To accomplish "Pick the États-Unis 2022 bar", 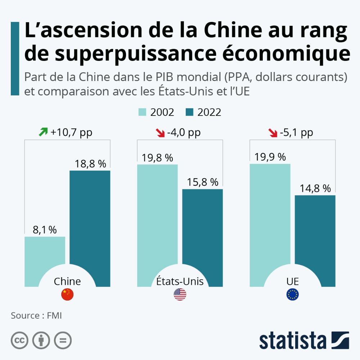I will tap(202, 230).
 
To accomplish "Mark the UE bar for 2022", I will tap(315, 234).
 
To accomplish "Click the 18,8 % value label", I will tap(90, 164).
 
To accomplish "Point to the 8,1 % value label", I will tap(45, 230).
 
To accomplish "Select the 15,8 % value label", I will tap(203, 182).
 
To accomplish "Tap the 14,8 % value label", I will tap(315, 188).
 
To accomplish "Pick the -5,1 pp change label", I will tap(296, 133).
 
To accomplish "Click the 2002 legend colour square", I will tap(143, 112).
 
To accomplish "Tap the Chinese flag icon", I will tap(67, 295).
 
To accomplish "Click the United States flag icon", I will tap(180, 295).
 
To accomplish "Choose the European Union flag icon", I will tap(292, 295).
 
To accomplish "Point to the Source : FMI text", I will tap(36, 315).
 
